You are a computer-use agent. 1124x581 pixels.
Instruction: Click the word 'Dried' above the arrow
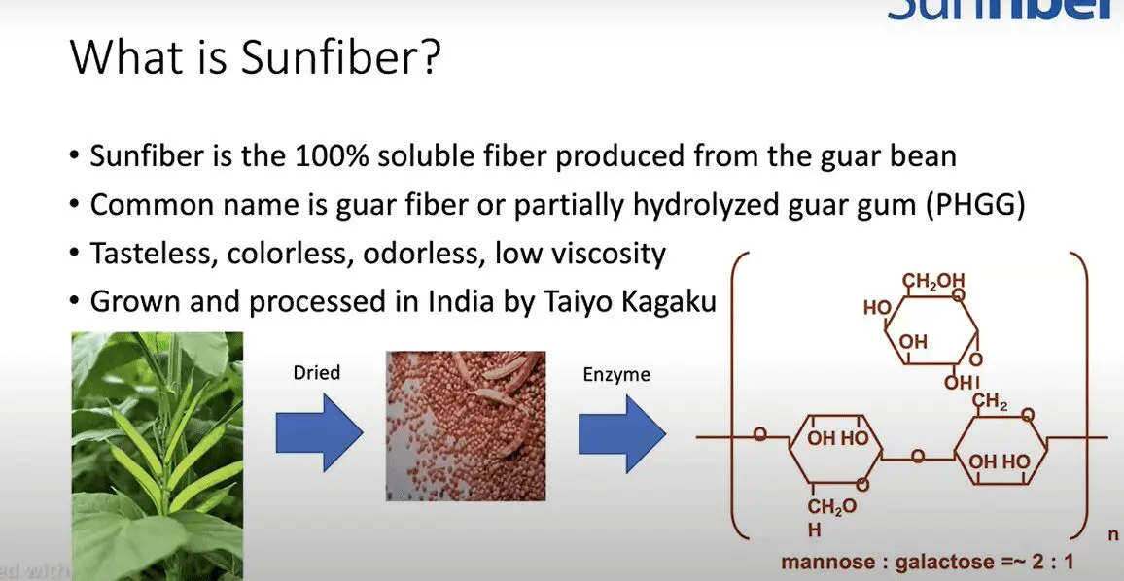point(318,373)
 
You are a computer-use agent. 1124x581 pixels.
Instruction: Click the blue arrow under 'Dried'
point(317,432)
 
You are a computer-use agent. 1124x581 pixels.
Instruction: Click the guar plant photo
point(157,456)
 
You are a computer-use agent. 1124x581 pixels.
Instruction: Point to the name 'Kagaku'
point(670,302)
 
